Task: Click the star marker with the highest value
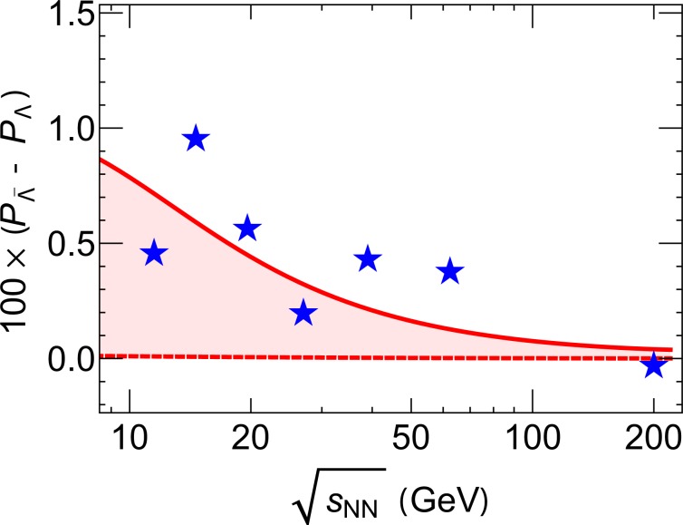(196, 139)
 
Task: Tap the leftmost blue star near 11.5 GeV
(154, 253)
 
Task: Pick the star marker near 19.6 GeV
(247, 228)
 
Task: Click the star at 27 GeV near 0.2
(303, 313)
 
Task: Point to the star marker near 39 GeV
(367, 258)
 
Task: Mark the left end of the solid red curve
(101, 160)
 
